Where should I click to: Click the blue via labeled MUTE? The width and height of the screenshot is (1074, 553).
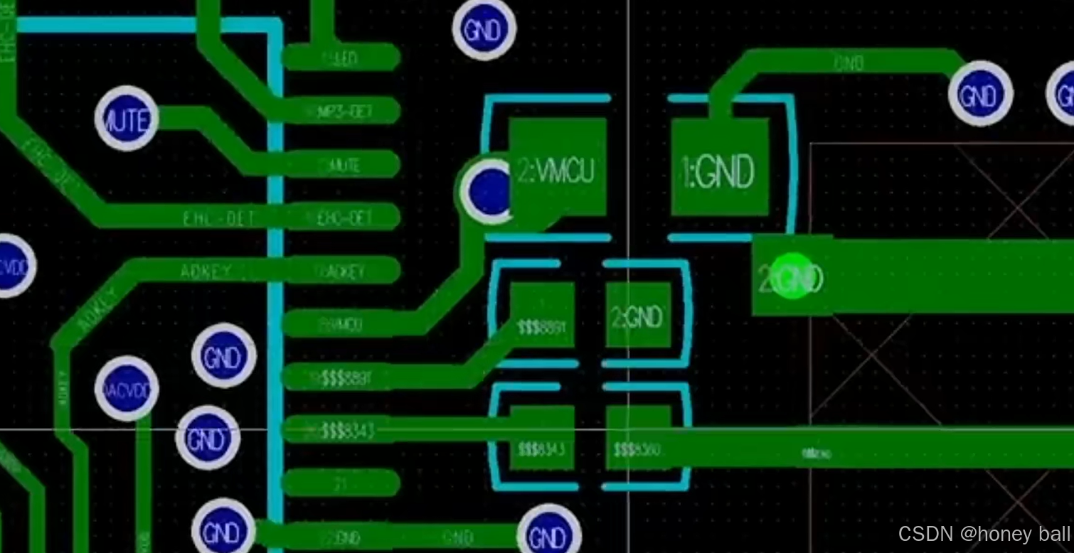click(x=127, y=119)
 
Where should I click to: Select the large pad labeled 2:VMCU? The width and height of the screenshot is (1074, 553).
click(x=558, y=167)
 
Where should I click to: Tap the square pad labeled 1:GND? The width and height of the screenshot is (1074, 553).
click(x=720, y=167)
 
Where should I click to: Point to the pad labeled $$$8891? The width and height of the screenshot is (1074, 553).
click(x=542, y=315)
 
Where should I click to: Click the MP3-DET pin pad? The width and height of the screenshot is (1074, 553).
click(x=341, y=111)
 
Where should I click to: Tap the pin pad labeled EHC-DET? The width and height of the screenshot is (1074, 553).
click(x=341, y=217)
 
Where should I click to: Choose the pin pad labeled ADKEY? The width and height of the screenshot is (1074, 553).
click(x=341, y=270)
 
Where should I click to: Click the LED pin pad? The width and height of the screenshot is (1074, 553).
click(x=341, y=58)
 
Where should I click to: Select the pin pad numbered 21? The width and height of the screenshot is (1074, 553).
click(x=341, y=483)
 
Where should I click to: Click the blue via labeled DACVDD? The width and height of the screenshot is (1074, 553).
click(x=127, y=389)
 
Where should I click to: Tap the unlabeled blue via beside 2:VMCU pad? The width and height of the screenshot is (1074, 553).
click(x=489, y=190)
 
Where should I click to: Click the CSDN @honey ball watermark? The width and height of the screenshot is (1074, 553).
click(x=984, y=534)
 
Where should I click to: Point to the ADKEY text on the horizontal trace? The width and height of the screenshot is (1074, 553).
click(x=206, y=271)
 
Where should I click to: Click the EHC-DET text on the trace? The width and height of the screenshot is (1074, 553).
click(x=218, y=218)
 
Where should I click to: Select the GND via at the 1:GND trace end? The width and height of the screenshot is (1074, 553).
click(x=981, y=94)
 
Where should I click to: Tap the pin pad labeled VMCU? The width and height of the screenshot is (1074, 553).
click(x=341, y=324)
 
